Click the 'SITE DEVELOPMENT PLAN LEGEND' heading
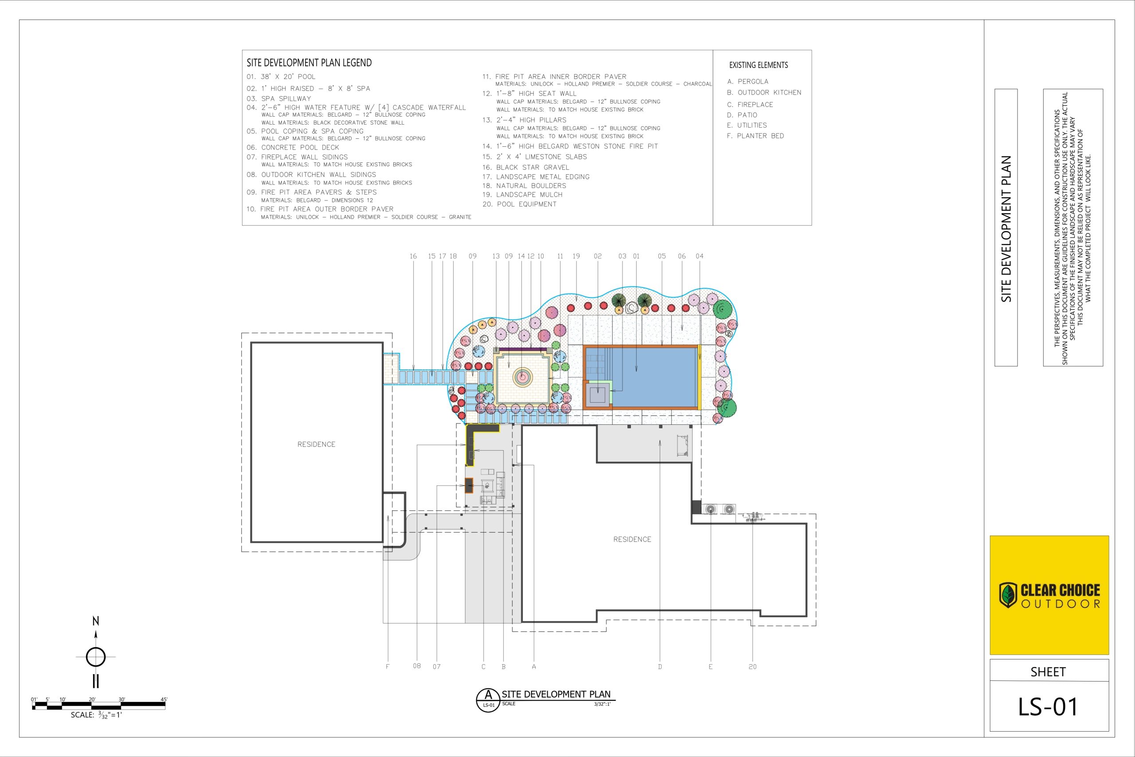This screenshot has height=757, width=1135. tap(309, 63)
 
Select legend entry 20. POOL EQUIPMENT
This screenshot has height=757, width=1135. tap(519, 204)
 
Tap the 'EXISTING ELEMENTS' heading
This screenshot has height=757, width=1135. tap(759, 65)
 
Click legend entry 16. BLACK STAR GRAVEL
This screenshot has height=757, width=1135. tap(525, 168)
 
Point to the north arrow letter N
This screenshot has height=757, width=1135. tap(96, 621)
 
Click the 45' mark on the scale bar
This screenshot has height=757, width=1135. tap(164, 699)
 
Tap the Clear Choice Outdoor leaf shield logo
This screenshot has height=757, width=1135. tap(1008, 595)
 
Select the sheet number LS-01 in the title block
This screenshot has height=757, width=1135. tap(1048, 707)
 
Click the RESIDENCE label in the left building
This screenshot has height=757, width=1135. tap(316, 444)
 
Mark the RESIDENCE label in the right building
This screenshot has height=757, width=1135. tap(632, 539)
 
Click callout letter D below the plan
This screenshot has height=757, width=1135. tap(660, 667)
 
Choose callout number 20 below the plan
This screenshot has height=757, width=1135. tap(753, 667)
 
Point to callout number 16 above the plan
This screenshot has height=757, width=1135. tap(413, 256)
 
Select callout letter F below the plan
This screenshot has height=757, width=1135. tap(387, 667)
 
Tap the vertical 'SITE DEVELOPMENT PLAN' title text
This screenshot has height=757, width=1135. tap(1006, 229)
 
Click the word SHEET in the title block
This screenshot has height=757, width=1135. tap(1048, 672)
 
